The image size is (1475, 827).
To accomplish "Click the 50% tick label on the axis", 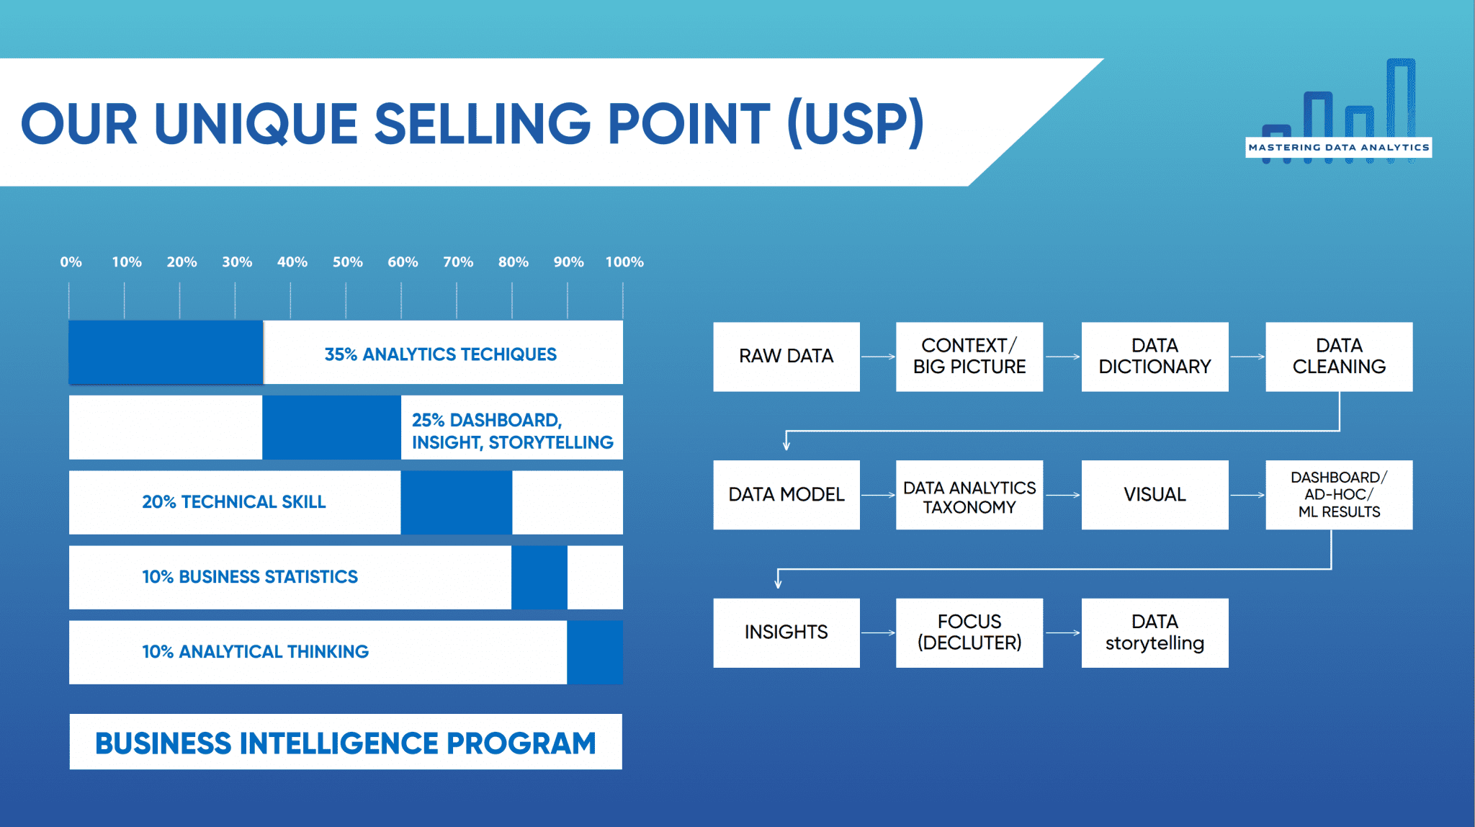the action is [x=347, y=262].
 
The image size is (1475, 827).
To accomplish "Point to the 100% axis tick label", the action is [x=624, y=262].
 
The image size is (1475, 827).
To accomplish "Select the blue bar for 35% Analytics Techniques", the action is [x=166, y=352].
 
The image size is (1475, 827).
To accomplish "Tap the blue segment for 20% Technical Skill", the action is [x=457, y=502].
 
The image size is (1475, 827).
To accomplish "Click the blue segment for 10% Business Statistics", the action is [x=539, y=577].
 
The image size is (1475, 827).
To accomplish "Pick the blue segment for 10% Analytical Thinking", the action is [x=595, y=652].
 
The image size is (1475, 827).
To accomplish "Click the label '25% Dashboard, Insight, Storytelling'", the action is [x=512, y=431].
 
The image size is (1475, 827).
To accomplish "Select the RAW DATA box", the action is [x=786, y=357].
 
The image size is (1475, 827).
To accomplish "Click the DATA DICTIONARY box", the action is [x=1155, y=357].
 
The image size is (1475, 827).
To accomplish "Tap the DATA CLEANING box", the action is [x=1339, y=357].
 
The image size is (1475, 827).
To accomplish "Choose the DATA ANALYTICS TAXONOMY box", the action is [x=969, y=495].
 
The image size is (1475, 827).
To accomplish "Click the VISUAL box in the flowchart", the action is [x=1155, y=495].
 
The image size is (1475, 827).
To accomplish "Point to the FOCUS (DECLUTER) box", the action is [x=969, y=632].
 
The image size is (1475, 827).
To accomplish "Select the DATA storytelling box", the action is [x=1155, y=632].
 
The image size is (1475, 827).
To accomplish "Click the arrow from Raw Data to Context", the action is [x=878, y=357].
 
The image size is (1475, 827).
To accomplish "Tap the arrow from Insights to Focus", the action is [x=878, y=632].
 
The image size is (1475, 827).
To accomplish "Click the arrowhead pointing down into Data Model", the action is [x=786, y=444].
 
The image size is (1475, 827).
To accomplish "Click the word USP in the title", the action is [x=856, y=123].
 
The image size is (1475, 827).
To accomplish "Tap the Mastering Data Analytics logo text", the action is [x=1339, y=148].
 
